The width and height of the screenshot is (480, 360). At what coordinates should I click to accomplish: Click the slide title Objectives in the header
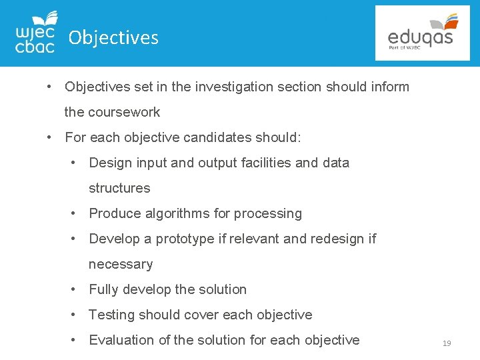[x=113, y=37]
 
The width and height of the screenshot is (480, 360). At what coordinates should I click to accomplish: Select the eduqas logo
[x=422, y=33]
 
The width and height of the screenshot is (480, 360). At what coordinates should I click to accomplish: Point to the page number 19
[x=446, y=343]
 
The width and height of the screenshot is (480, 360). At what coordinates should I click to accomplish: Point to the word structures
[x=119, y=188]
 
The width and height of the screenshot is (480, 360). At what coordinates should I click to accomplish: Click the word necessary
[x=121, y=264]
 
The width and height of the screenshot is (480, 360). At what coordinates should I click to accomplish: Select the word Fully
[x=103, y=289]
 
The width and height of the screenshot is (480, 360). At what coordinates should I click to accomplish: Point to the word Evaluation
[x=121, y=340]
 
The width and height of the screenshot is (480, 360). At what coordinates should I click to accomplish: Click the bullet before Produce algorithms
[x=76, y=213]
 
